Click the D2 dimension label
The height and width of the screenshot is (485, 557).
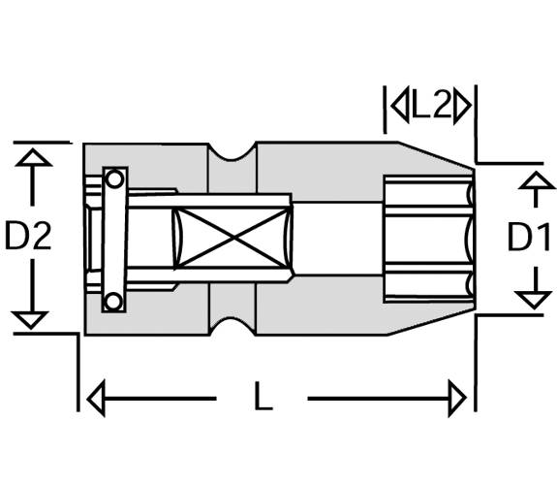28,235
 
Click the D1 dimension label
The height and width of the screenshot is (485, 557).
529,237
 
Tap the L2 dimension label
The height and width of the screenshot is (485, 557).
431,106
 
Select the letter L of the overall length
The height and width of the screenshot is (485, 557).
263,395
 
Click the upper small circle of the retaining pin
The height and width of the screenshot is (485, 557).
114,179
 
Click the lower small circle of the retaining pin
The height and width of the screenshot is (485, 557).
113,302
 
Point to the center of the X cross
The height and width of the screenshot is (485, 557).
232,238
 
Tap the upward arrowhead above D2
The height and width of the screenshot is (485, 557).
33,157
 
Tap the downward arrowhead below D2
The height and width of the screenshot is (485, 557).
30,320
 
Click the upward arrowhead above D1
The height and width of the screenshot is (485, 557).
537,179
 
